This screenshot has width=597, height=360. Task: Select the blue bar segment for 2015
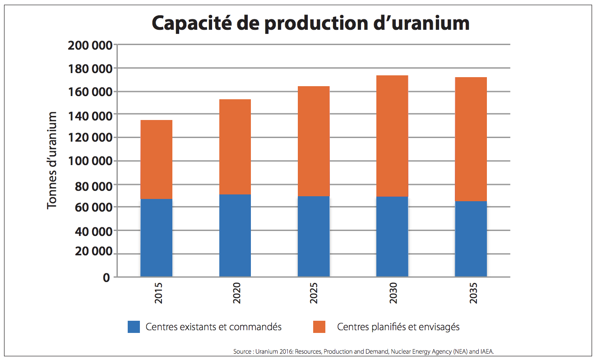pos(156,238)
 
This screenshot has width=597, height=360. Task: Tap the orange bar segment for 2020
pos(235,147)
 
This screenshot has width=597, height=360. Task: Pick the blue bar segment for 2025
pos(313,236)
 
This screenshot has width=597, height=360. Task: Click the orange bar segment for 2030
pos(392,136)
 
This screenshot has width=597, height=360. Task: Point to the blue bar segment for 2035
pos(471,239)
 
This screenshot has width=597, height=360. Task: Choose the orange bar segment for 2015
pos(156,160)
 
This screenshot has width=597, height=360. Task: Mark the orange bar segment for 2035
pos(471,139)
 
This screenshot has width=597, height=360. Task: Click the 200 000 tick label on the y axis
pos(89,45)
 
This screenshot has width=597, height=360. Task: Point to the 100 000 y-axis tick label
pos(89,161)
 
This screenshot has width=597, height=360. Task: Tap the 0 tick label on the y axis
pos(106,277)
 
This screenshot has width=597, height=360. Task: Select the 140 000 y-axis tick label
pos(89,115)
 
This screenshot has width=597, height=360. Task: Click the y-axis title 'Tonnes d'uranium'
pos(52,160)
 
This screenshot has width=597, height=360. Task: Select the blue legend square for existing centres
pos(134,327)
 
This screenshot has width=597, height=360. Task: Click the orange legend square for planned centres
pos(319,327)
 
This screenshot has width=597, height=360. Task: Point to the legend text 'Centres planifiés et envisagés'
pos(398,327)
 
